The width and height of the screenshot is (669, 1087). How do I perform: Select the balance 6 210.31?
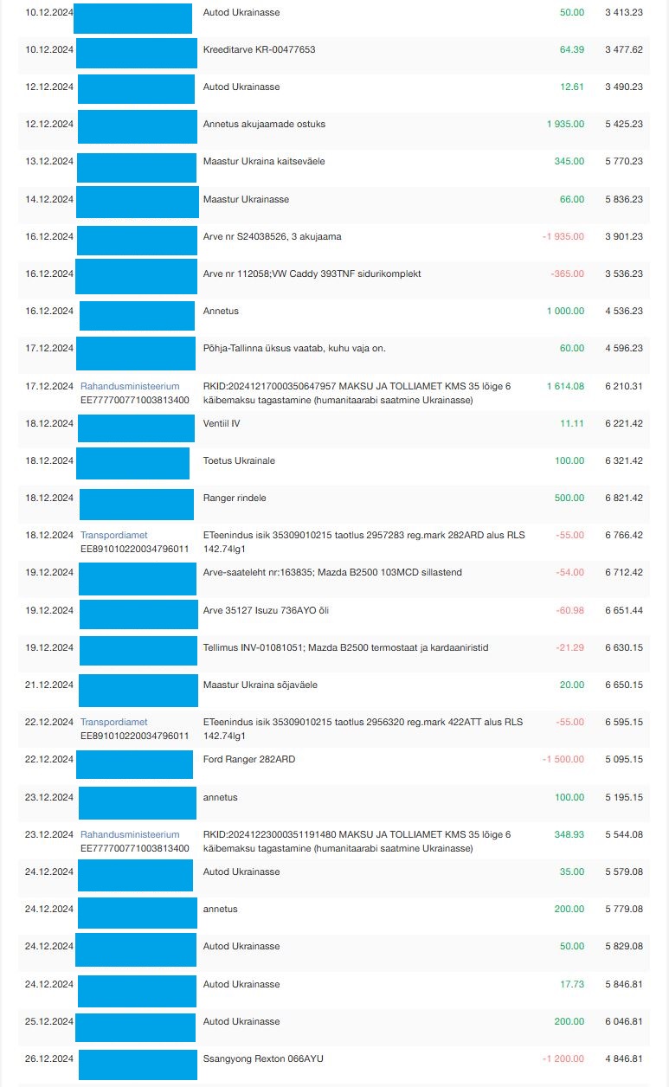coord(623,386)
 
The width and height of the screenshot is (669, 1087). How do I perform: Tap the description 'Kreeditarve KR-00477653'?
coord(259,49)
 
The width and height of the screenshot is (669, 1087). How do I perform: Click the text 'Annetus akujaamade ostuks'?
coord(264,124)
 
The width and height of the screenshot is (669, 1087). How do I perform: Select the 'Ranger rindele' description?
coord(234,498)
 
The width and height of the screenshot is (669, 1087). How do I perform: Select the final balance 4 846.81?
coord(623,1058)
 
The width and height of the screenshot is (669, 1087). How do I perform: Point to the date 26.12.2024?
coord(49,1058)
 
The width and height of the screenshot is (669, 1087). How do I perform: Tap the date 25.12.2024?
coord(49,1021)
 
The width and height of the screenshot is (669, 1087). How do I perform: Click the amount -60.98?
coord(569,610)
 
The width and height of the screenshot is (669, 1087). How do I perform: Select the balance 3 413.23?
coord(623,12)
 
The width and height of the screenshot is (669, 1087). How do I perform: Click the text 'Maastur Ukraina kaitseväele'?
coord(263,161)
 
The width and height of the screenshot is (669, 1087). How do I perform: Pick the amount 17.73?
coord(572,984)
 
